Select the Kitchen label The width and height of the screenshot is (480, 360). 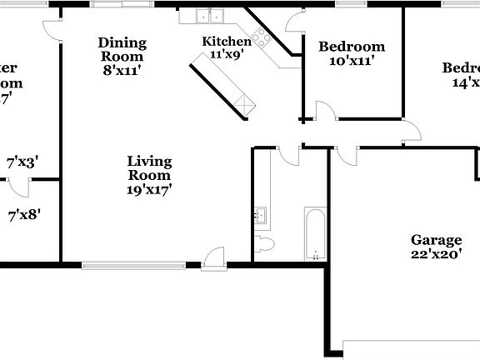(226, 41)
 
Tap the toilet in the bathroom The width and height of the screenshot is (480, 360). (266, 244)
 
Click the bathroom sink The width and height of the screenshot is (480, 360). (260, 216)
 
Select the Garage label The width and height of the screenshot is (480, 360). (436, 240)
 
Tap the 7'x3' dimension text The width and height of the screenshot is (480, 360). (23, 162)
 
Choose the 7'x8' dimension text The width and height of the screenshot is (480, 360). (23, 215)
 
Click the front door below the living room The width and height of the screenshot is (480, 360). (214, 258)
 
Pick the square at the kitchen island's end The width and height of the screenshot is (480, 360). (245, 102)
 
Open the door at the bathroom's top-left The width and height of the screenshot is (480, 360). (287, 154)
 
